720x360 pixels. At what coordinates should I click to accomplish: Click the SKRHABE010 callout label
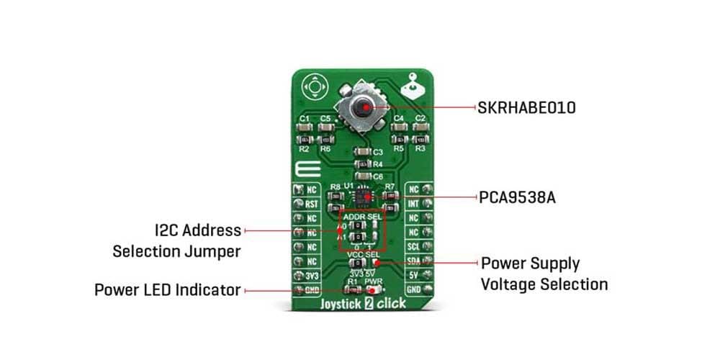click(x=526, y=108)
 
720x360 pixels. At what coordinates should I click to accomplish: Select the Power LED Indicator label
click(x=167, y=290)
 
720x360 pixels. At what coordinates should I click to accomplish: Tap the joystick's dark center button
click(x=366, y=108)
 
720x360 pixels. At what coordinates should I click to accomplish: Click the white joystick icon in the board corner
click(x=414, y=87)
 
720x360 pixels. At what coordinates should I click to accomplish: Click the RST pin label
click(x=312, y=203)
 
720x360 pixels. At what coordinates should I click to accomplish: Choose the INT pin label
click(x=413, y=204)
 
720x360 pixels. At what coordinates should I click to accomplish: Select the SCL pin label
click(x=413, y=246)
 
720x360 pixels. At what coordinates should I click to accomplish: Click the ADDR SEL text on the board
click(x=362, y=217)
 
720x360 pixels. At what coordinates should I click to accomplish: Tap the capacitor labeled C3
click(x=363, y=153)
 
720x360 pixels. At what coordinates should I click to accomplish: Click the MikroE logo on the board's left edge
click(x=302, y=170)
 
